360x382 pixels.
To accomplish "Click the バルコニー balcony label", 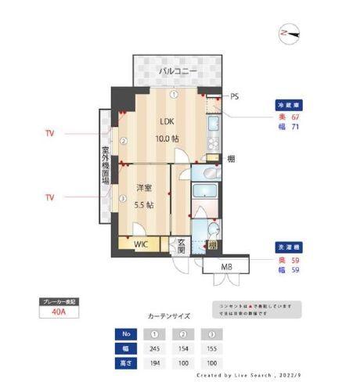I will pyautogui.click(x=177, y=72).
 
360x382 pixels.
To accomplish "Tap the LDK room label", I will pyautogui.click(x=167, y=122).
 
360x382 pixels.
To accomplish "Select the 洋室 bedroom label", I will pyautogui.click(x=143, y=188).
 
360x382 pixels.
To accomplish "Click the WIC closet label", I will pyautogui.click(x=140, y=244).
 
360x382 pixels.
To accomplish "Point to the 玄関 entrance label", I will pyautogui.click(x=181, y=245).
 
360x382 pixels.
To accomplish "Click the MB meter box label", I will pyautogui.click(x=226, y=268).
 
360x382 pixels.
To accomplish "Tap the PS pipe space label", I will pyautogui.click(x=235, y=96).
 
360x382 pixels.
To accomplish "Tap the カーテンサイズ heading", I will pyautogui.click(x=168, y=316).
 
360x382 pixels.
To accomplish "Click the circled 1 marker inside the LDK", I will pyautogui.click(x=175, y=95).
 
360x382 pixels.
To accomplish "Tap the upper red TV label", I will pyautogui.click(x=49, y=135).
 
